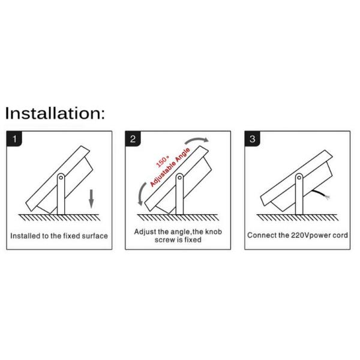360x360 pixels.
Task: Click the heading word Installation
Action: tap(55, 113)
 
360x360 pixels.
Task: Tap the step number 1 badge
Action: tap(14, 139)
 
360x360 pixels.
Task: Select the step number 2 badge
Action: tap(133, 139)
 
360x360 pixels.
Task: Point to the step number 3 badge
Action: tap(253, 139)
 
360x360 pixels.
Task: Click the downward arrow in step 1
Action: tap(91, 199)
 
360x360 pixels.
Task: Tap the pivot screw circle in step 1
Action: tap(61, 178)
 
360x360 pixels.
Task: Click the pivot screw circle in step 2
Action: tap(179, 178)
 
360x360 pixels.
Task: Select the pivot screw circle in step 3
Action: tap(299, 178)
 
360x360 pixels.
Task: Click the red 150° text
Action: tap(163, 161)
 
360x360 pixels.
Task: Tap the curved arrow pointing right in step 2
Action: tap(196, 140)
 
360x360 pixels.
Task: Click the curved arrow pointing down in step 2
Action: tap(142, 194)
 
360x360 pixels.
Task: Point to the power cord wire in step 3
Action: tap(321, 194)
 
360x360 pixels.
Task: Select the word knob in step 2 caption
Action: tap(213, 232)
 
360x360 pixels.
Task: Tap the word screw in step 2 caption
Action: tap(164, 240)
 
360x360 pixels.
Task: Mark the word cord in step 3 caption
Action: tap(341, 235)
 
